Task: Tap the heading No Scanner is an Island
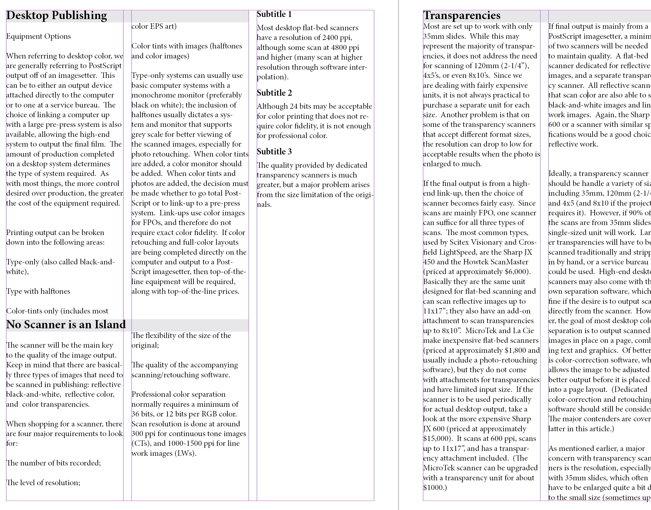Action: (x=66, y=325)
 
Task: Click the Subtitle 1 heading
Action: (x=274, y=14)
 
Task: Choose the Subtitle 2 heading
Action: (x=274, y=93)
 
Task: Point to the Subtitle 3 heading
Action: (x=274, y=152)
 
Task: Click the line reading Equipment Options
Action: (x=38, y=36)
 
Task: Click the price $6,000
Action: (x=517, y=272)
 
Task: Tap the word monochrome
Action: (x=150, y=95)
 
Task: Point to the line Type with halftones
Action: (x=38, y=291)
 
